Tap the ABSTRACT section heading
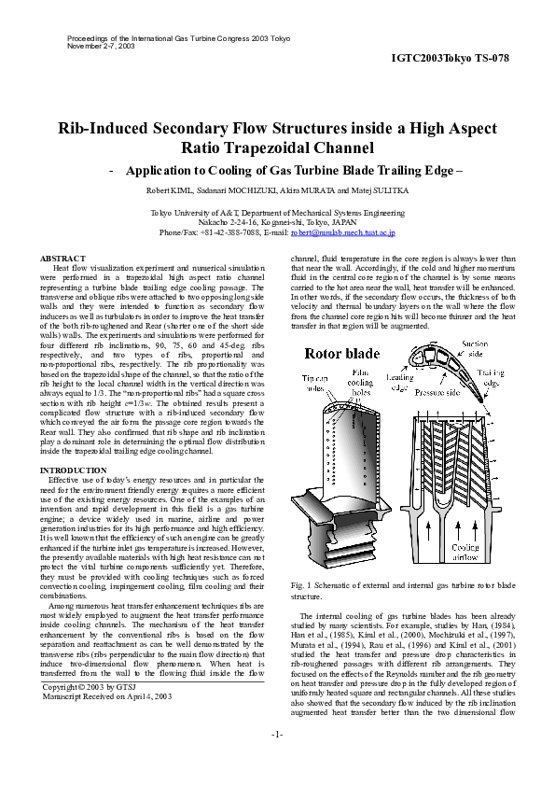[62, 258]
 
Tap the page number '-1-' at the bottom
[277, 761]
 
